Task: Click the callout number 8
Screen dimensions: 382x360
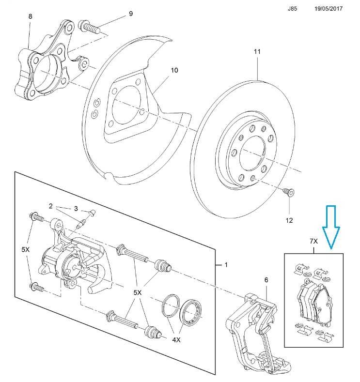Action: [31, 16]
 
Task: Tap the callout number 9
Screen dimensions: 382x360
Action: [130, 14]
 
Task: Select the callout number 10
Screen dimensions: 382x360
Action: [174, 70]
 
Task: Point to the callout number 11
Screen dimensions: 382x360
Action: [257, 51]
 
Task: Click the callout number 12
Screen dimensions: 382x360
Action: [290, 220]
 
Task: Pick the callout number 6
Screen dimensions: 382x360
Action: [266, 280]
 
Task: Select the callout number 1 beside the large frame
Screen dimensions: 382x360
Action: [225, 265]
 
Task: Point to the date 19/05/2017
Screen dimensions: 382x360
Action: [328, 9]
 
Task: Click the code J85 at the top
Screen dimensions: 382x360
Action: [293, 9]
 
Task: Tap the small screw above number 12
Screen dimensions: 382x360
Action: [288, 192]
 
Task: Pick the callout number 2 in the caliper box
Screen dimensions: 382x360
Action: [51, 206]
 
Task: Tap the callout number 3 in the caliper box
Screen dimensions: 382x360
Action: [76, 209]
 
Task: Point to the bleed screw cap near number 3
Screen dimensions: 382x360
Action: [92, 213]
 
